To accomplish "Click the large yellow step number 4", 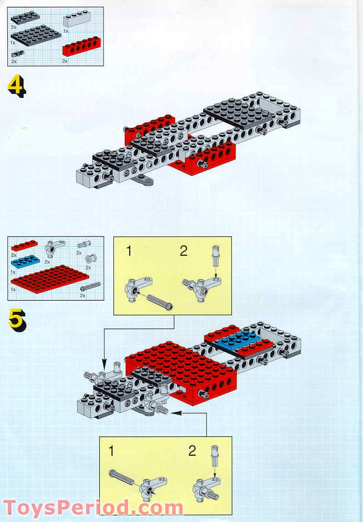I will (x=16, y=86).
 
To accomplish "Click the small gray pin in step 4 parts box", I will (x=18, y=54).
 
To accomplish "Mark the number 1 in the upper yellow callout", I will (x=129, y=251).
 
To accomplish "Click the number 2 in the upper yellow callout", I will (x=183, y=251).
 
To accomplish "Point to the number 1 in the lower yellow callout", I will (x=112, y=451).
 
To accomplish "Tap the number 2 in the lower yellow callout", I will (x=192, y=451).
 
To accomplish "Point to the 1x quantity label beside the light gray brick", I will (x=66, y=31).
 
